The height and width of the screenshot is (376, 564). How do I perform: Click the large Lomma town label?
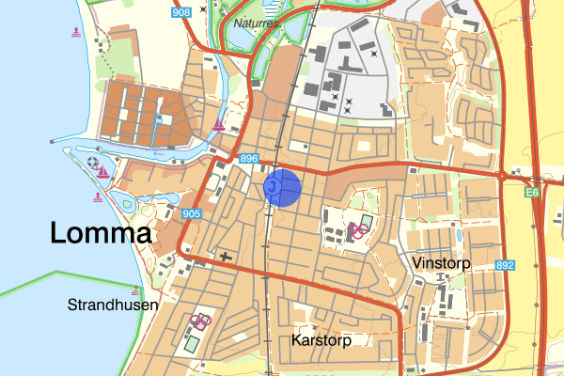(x=101, y=233)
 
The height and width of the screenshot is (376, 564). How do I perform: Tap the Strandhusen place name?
(x=113, y=305)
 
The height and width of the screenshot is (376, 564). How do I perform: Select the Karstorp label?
(x=321, y=340)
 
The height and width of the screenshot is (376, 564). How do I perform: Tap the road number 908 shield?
(x=181, y=12)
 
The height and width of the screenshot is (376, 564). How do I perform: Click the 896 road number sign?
(x=248, y=160)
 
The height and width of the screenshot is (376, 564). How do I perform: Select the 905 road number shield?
(x=192, y=214)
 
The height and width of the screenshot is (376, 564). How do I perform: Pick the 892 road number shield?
(x=505, y=265)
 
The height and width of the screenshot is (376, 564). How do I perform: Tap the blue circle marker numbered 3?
(x=281, y=187)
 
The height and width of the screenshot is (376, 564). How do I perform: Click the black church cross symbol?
(x=224, y=255)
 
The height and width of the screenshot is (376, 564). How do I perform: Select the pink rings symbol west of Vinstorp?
(x=356, y=228)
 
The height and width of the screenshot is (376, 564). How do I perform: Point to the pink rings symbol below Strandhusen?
(x=200, y=321)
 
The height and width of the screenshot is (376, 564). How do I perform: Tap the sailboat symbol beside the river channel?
(x=218, y=125)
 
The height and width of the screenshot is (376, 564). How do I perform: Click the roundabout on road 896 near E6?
(x=504, y=175)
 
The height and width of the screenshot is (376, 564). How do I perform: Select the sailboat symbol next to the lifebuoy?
(x=102, y=173)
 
